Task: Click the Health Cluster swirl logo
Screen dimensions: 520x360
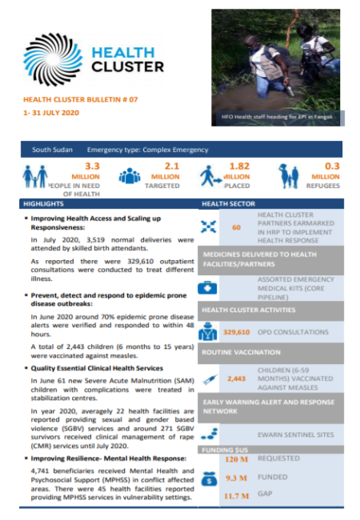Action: [x=54, y=58]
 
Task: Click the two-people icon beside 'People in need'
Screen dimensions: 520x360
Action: [x=34, y=176]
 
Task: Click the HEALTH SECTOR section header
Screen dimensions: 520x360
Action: [x=230, y=204]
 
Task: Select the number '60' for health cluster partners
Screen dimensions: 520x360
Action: [x=236, y=227]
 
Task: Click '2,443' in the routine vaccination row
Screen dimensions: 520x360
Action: [x=237, y=377]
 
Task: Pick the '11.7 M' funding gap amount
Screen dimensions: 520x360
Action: [x=238, y=496]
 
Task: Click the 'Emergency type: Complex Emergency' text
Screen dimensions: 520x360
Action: [x=148, y=150]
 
